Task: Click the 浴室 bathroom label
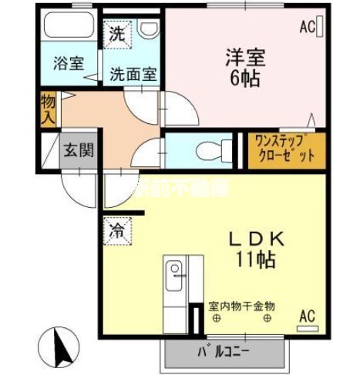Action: point(69,63)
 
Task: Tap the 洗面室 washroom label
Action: point(133,75)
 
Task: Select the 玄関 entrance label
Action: point(79,150)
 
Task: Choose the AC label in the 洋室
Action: point(309,28)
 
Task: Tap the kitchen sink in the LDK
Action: point(175,273)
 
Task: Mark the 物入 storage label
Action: point(48,109)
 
